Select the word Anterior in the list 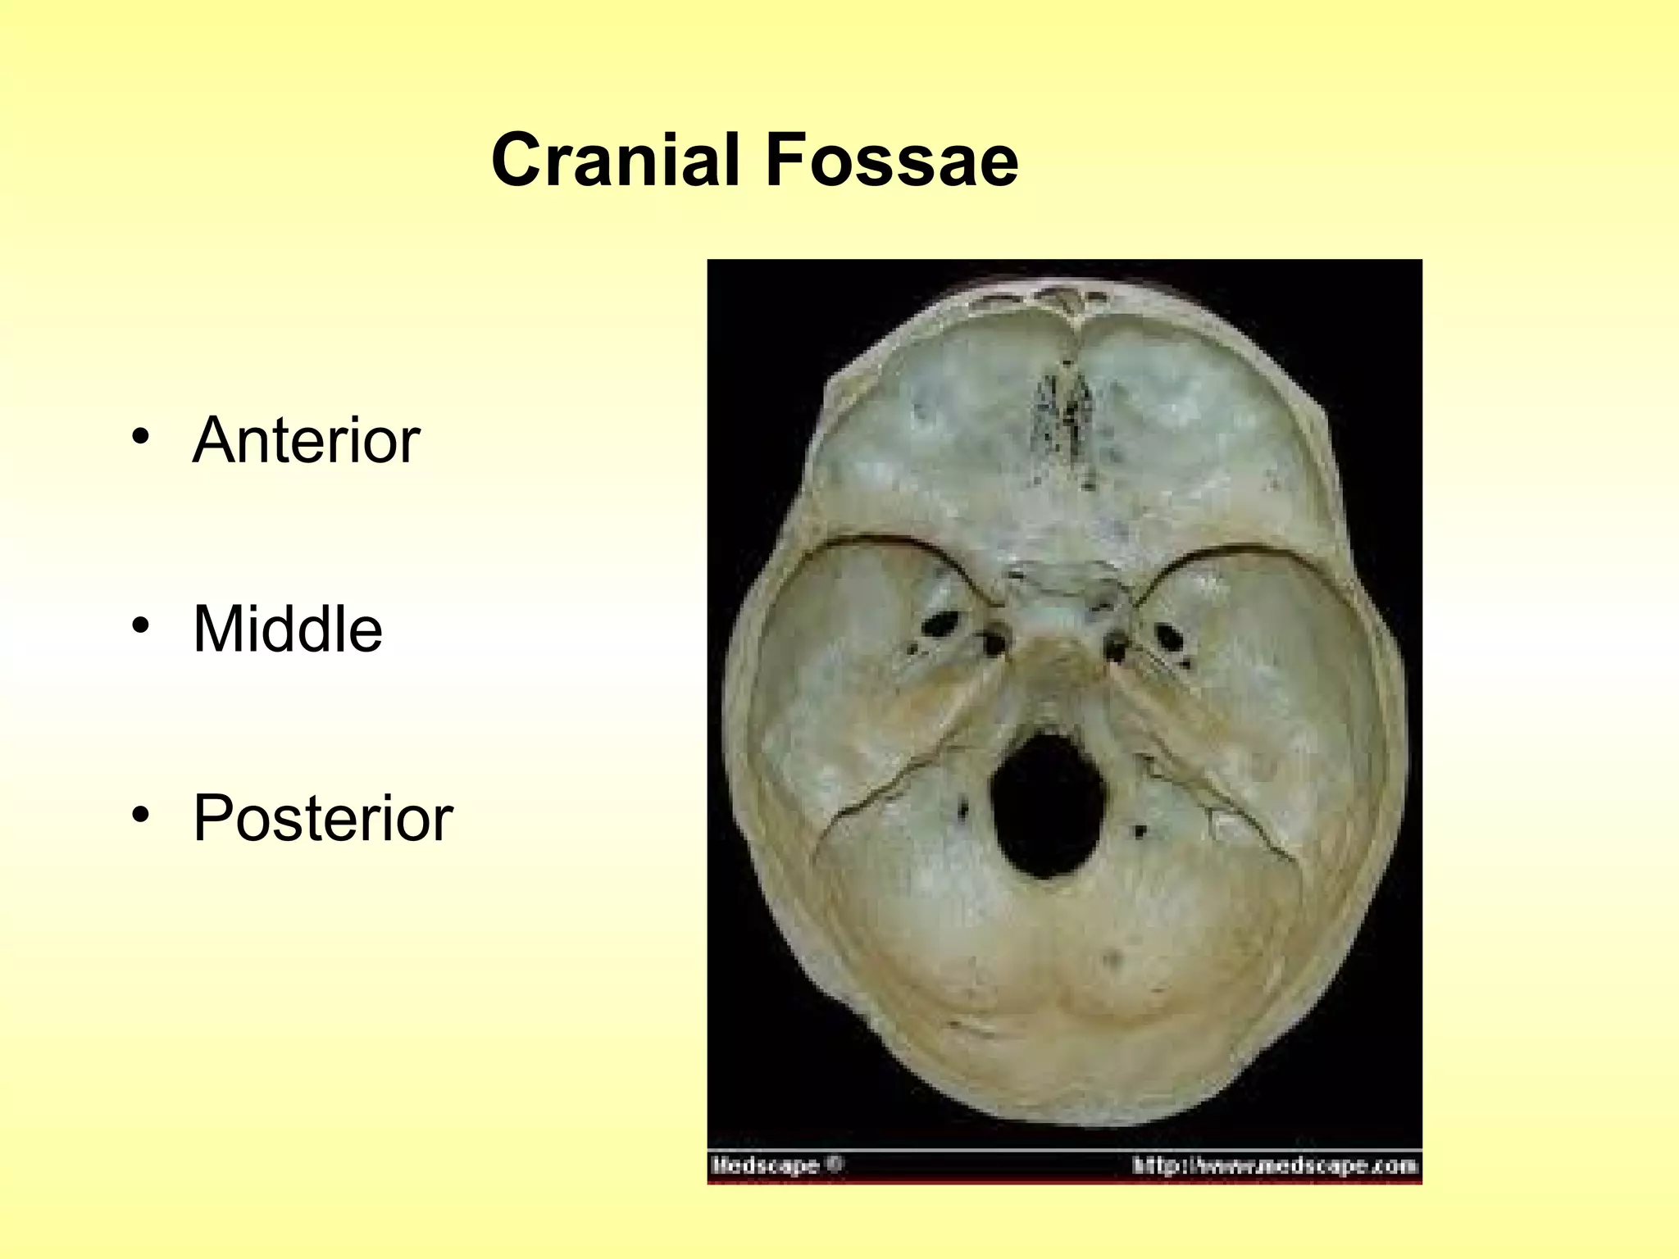click(x=306, y=440)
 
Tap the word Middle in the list click(x=288, y=629)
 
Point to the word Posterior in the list click(x=323, y=818)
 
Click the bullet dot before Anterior click(x=141, y=436)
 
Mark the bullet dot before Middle click(x=141, y=625)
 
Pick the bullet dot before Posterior click(x=141, y=814)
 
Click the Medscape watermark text click(x=765, y=1165)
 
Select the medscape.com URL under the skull click(x=1275, y=1165)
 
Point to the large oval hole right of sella click(x=1167, y=635)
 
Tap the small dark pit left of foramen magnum click(x=962, y=811)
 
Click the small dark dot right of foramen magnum click(x=1140, y=831)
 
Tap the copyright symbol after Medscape click(x=835, y=1164)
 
